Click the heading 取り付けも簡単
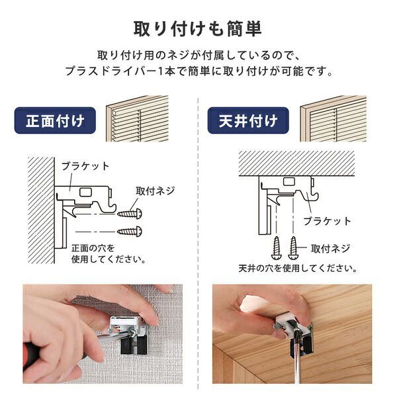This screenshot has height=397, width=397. pyautogui.click(x=198, y=30)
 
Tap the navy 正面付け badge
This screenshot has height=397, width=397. pyautogui.click(x=55, y=121)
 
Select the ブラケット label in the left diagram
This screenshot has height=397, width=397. pyautogui.click(x=85, y=166)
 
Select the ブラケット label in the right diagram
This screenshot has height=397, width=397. pyautogui.click(x=327, y=220)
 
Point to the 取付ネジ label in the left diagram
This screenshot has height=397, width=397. pyautogui.click(x=155, y=191)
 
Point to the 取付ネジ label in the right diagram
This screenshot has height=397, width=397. pyautogui.click(x=330, y=249)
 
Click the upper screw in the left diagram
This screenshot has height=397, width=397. pyautogui.click(x=129, y=213)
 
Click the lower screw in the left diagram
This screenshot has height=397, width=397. pyautogui.click(x=129, y=231)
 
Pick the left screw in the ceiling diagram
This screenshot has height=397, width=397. pyautogui.click(x=277, y=248)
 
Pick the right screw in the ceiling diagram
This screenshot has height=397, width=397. pyautogui.click(x=293, y=248)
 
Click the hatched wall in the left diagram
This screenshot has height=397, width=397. pyautogui.click(x=41, y=208)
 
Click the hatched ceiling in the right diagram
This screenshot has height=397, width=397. pyautogui.click(x=298, y=163)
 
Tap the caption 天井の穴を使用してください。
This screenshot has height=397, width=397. pyautogui.click(x=298, y=269)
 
